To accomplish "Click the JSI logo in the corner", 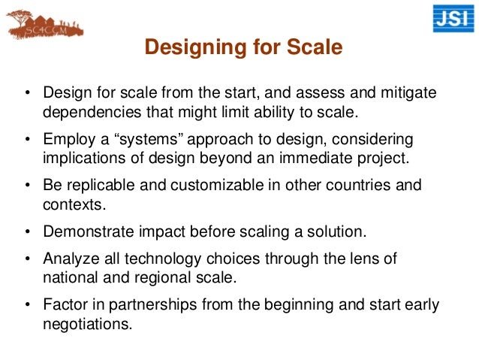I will tap(453, 19).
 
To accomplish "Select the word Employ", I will tap(65, 141).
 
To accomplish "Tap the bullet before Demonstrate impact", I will tap(29, 231).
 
